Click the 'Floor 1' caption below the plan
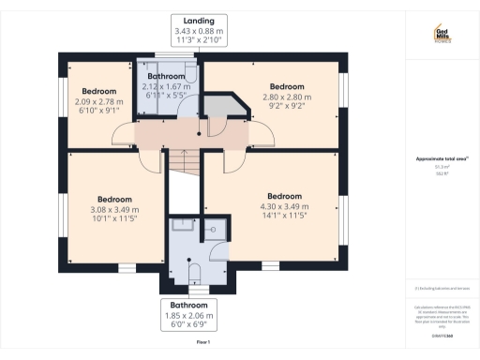[x=202, y=343]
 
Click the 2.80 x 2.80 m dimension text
[x=288, y=97]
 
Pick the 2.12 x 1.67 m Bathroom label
[x=167, y=86]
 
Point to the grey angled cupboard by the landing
[x=225, y=107]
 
